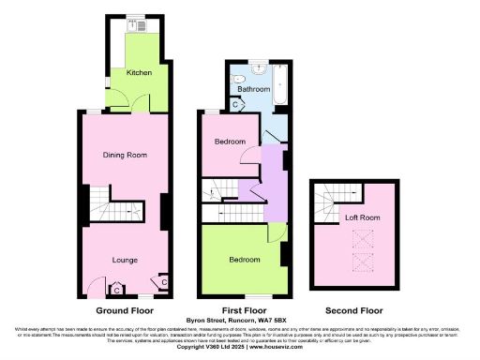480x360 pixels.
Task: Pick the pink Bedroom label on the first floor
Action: (x=230, y=142)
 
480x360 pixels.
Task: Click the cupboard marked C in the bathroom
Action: (x=234, y=105)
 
